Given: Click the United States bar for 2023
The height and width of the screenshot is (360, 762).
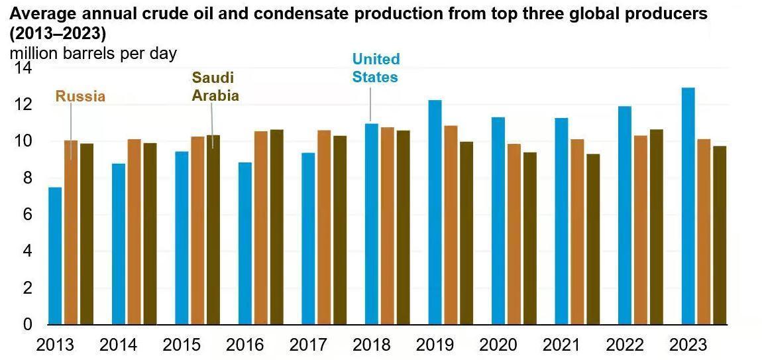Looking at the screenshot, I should pyautogui.click(x=688, y=206).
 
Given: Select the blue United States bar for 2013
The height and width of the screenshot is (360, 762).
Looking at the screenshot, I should pyautogui.click(x=55, y=256).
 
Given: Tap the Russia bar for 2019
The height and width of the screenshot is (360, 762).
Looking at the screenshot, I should pyautogui.click(x=451, y=225).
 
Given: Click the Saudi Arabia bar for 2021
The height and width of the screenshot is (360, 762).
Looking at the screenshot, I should pyautogui.click(x=594, y=239).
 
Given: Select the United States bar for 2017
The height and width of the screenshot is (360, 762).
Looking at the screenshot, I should pyautogui.click(x=308, y=239).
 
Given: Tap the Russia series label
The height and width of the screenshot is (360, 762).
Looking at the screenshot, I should pyautogui.click(x=80, y=96).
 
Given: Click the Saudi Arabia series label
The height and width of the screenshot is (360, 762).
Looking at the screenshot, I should pyautogui.click(x=215, y=87).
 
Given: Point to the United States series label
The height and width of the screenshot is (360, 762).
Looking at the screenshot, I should pyautogui.click(x=376, y=68).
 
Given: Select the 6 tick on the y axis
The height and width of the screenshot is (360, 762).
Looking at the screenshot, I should pyautogui.click(x=27, y=214).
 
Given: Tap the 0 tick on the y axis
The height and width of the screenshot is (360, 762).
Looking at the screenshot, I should pyautogui.click(x=27, y=324).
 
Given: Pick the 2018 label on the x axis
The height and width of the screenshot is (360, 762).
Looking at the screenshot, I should pyautogui.click(x=371, y=345).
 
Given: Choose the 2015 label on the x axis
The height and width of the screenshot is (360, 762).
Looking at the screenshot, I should pyautogui.click(x=181, y=345).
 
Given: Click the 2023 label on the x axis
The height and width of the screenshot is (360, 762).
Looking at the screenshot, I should pyautogui.click(x=688, y=345).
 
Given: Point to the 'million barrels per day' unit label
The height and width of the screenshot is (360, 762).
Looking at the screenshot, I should pyautogui.click(x=93, y=53).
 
